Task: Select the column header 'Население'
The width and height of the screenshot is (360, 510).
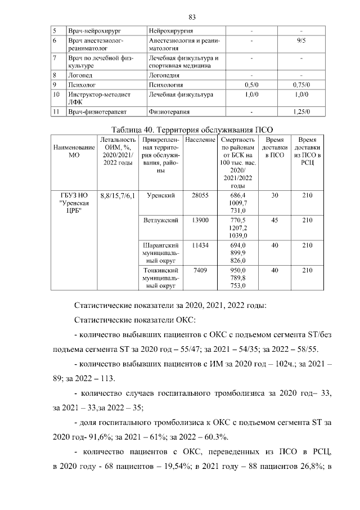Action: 200,139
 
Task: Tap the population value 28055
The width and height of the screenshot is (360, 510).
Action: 200,195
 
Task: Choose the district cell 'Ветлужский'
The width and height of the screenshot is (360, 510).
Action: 160,220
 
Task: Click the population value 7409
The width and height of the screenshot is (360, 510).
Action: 200,270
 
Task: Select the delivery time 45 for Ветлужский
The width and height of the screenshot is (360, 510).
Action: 274,220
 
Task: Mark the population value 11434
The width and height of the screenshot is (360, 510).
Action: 200,245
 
